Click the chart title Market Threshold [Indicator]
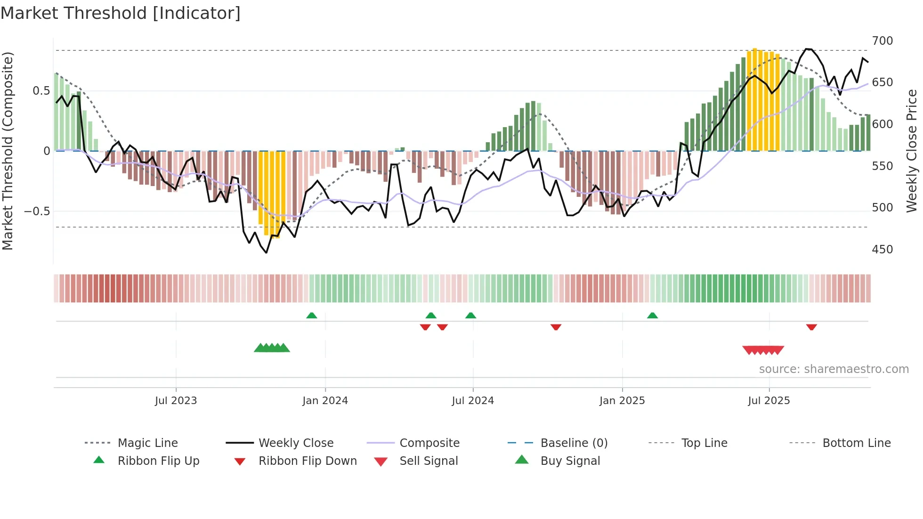pyautogui.click(x=121, y=13)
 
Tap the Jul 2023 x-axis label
pyautogui.click(x=176, y=401)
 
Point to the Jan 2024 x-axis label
pyautogui.click(x=325, y=401)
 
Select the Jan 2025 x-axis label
pyautogui.click(x=622, y=401)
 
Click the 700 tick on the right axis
pyautogui.click(x=882, y=41)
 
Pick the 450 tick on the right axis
pyautogui.click(x=882, y=250)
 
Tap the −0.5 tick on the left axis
pyautogui.click(x=37, y=211)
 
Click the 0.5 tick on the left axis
pyautogui.click(x=41, y=91)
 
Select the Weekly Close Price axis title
pyautogui.click(x=912, y=151)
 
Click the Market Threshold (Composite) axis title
pyautogui.click(x=8, y=151)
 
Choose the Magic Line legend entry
pyautogui.click(x=147, y=443)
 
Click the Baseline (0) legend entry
pyautogui.click(x=574, y=443)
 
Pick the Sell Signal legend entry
pyautogui.click(x=428, y=461)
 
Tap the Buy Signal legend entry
pyautogui.click(x=570, y=461)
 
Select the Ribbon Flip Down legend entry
pyautogui.click(x=307, y=461)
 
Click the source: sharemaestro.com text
pyautogui.click(x=834, y=369)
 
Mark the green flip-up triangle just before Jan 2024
pyautogui.click(x=311, y=316)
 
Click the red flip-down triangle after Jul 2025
pyautogui.click(x=811, y=327)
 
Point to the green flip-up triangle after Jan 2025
pyautogui.click(x=652, y=316)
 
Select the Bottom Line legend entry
pyautogui.click(x=856, y=443)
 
